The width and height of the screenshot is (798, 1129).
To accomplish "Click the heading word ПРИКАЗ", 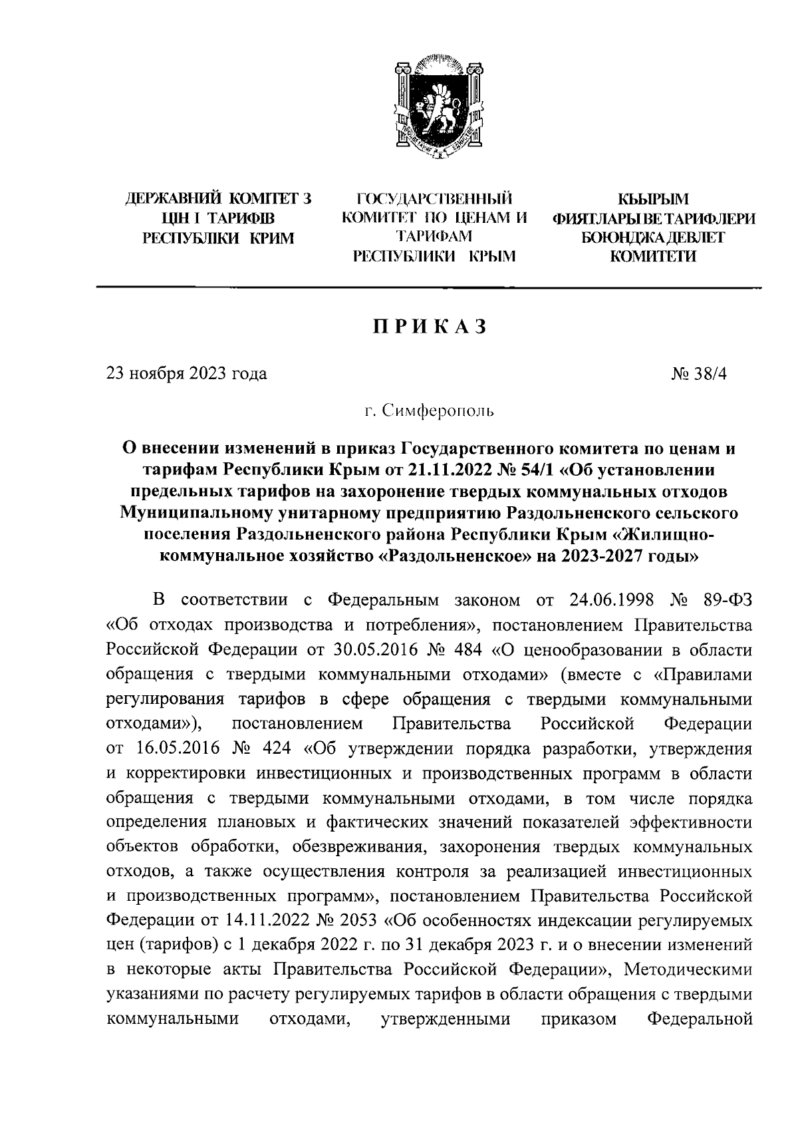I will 430,327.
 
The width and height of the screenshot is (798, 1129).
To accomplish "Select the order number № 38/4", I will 700,373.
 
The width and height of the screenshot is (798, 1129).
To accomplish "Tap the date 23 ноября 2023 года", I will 187,373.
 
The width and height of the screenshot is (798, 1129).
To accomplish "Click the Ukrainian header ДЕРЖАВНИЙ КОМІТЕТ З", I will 218,198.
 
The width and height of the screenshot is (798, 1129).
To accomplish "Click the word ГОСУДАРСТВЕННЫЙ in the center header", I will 436,198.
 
